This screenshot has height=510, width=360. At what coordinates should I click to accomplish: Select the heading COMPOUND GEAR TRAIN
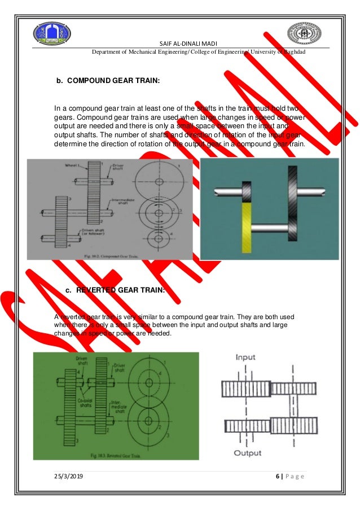point(108,81)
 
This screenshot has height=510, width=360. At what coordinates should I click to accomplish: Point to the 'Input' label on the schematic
point(249,358)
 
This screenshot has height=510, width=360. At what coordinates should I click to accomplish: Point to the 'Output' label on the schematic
point(248,453)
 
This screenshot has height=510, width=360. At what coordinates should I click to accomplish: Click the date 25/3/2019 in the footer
point(70,478)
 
